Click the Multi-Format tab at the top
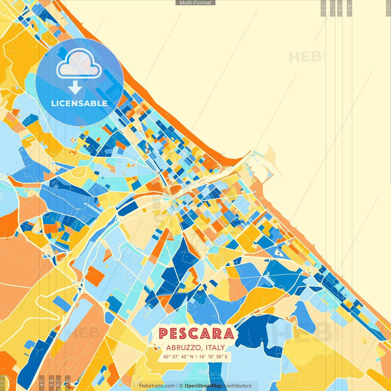point(195,3)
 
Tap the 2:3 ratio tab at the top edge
point(323,8)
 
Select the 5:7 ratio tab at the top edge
point(332,8)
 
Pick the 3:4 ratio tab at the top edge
point(339,8)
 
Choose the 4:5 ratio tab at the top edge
point(349,8)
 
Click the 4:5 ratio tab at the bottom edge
point(42,382)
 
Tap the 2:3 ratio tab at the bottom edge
point(68,382)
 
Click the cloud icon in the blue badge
point(79,64)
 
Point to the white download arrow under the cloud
point(75,87)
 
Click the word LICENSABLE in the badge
point(79,103)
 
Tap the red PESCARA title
point(196,334)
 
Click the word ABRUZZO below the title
point(184,348)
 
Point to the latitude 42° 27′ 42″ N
point(178,356)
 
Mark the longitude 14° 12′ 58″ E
point(214,356)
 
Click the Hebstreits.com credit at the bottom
point(157,386)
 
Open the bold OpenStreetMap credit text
point(203,386)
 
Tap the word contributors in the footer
point(237,386)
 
